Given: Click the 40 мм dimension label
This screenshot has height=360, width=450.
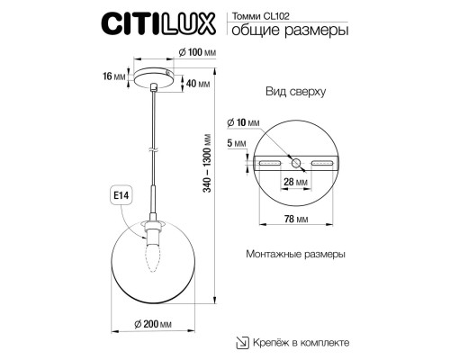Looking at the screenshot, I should (x=197, y=84).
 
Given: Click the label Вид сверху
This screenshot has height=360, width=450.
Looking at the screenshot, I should (x=295, y=93).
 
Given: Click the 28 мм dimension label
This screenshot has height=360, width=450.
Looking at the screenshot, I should (x=297, y=183).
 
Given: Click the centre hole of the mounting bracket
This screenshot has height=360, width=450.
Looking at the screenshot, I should (x=297, y=163).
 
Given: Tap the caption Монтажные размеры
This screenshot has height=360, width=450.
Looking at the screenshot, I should (x=295, y=255).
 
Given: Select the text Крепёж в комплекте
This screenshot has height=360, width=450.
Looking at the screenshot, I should (x=301, y=343).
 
